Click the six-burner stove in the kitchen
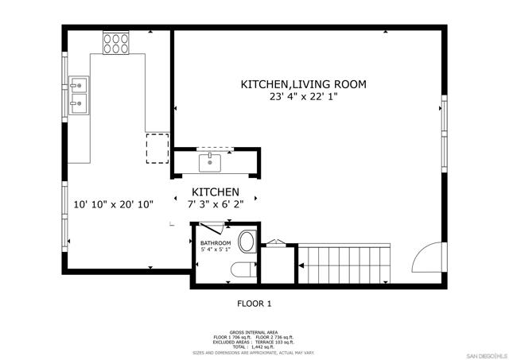(116, 43)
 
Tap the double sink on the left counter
(79, 92)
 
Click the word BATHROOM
(215, 243)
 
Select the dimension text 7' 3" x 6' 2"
(216, 205)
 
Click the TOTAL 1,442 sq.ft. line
(254, 346)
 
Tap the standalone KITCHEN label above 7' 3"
(216, 192)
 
